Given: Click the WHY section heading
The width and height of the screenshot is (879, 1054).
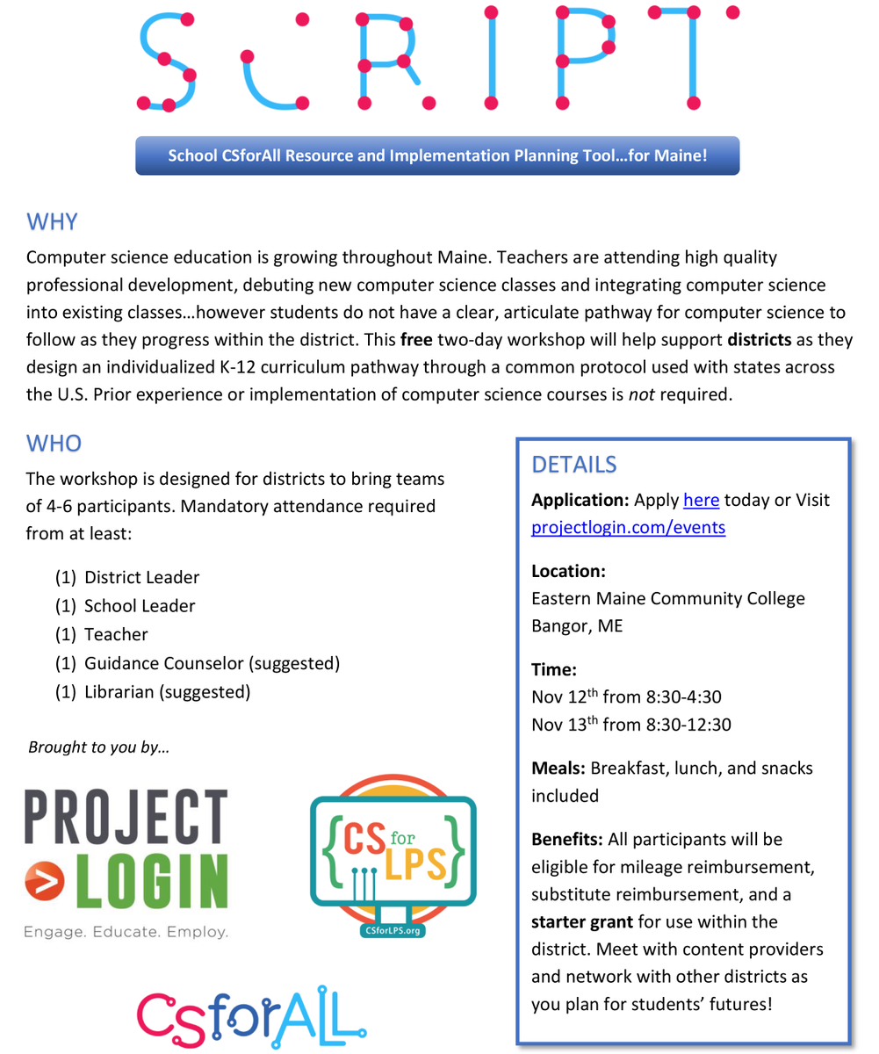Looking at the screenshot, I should click(52, 220).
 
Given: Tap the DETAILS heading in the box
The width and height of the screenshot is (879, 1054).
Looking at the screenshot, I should click(575, 463).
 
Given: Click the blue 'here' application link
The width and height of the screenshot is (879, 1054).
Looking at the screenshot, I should click(701, 500).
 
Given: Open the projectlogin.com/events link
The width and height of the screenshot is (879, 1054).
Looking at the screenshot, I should click(629, 529).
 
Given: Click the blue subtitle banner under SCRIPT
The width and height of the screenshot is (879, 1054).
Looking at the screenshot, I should click(437, 156).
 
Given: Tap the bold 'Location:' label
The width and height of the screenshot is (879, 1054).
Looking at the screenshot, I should click(569, 571).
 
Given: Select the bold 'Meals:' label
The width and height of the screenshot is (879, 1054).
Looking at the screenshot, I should click(559, 768).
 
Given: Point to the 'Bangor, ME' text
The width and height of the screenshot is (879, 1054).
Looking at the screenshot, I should click(576, 627).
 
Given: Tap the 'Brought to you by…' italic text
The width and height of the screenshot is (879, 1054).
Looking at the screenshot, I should click(98, 747).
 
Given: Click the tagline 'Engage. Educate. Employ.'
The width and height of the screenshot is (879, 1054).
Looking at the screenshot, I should click(127, 931).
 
